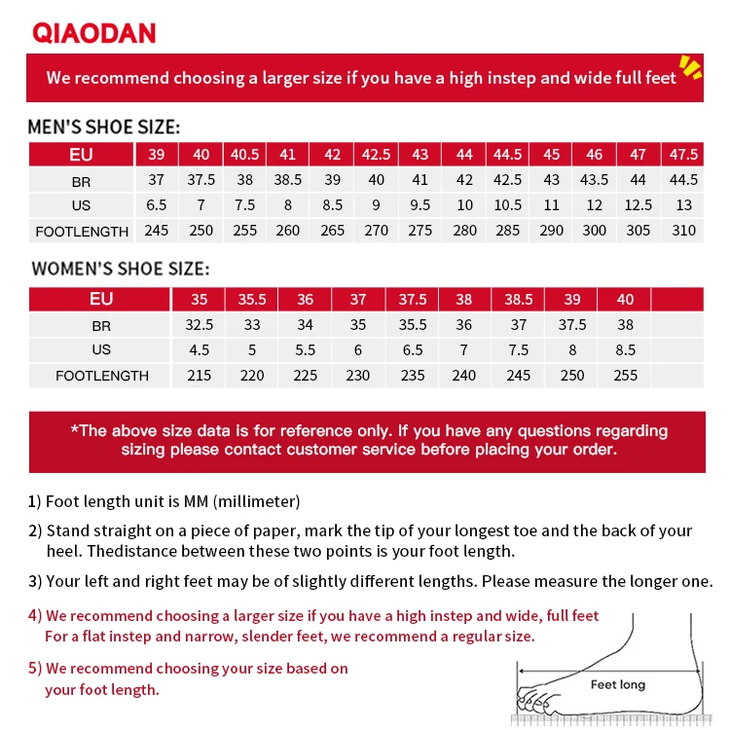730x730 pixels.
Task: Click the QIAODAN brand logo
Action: pyautogui.click(x=94, y=32)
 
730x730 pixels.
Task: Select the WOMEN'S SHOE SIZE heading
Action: pyautogui.click(x=121, y=270)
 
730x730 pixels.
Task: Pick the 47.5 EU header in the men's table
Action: pyautogui.click(x=683, y=155)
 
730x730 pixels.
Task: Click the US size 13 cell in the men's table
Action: pyautogui.click(x=683, y=205)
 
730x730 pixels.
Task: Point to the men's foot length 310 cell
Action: pyautogui.click(x=683, y=231)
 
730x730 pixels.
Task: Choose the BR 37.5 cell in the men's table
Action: pyautogui.click(x=201, y=180)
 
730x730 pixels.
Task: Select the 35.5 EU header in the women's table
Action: pyautogui.click(x=252, y=300)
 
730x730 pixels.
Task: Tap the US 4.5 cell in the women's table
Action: pyautogui.click(x=199, y=350)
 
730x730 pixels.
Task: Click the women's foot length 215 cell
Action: pyautogui.click(x=199, y=376)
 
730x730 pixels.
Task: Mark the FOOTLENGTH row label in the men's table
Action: pyautogui.click(x=82, y=232)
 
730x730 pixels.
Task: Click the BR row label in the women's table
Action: pyautogui.click(x=101, y=326)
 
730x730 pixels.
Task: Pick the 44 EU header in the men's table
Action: pyautogui.click(x=464, y=155)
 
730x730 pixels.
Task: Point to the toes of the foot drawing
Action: pyautogui.click(x=534, y=699)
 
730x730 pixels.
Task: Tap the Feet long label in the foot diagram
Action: pyautogui.click(x=618, y=685)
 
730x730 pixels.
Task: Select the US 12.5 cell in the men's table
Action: pyautogui.click(x=639, y=205)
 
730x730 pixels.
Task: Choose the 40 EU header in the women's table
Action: pyautogui.click(x=625, y=300)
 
